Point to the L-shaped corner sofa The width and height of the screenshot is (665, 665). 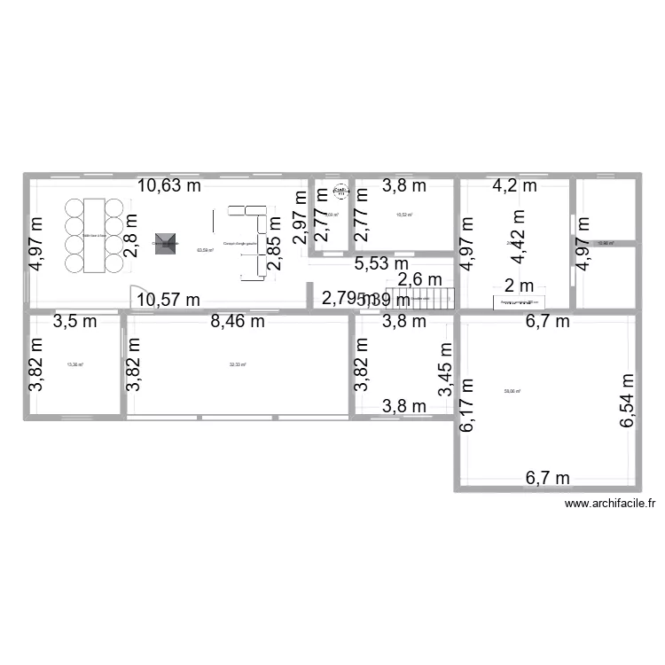(252, 241)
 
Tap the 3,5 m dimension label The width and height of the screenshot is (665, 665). (74, 322)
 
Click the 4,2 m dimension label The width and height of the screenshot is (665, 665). (515, 186)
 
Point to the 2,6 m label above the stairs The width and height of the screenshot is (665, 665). (419, 280)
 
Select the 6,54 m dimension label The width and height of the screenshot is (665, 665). (628, 402)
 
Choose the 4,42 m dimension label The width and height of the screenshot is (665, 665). (518, 238)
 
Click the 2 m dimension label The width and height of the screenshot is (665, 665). (520, 286)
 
